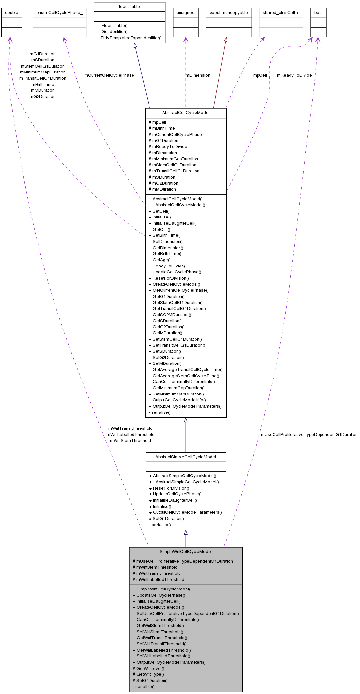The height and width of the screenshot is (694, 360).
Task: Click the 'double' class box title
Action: [x=12, y=13]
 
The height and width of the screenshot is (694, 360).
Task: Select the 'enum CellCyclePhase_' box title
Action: [x=59, y=13]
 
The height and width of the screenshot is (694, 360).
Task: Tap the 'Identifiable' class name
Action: [x=130, y=7]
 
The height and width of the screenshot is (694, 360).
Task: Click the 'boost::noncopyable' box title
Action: [x=229, y=13]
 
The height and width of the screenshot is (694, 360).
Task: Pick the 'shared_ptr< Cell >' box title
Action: [x=281, y=13]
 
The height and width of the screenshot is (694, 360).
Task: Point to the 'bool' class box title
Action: [x=318, y=13]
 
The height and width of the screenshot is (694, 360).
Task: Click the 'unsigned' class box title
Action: [x=185, y=13]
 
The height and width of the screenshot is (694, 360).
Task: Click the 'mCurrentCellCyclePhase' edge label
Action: [x=109, y=75]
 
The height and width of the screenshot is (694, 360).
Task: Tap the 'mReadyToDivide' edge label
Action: [x=294, y=75]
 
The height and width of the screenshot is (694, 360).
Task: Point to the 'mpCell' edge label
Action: [x=260, y=75]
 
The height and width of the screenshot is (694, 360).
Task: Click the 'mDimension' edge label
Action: [x=198, y=75]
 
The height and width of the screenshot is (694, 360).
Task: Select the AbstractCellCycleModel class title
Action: [x=186, y=113]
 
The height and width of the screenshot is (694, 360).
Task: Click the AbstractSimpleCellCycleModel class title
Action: [x=186, y=457]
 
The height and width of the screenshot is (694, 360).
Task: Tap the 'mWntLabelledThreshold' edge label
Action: [x=131, y=435]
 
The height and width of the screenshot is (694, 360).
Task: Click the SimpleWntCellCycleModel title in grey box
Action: [x=186, y=552]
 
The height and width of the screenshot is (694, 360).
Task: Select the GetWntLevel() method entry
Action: [x=149, y=669]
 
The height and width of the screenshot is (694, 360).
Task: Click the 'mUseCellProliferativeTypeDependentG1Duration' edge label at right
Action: [x=309, y=435]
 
